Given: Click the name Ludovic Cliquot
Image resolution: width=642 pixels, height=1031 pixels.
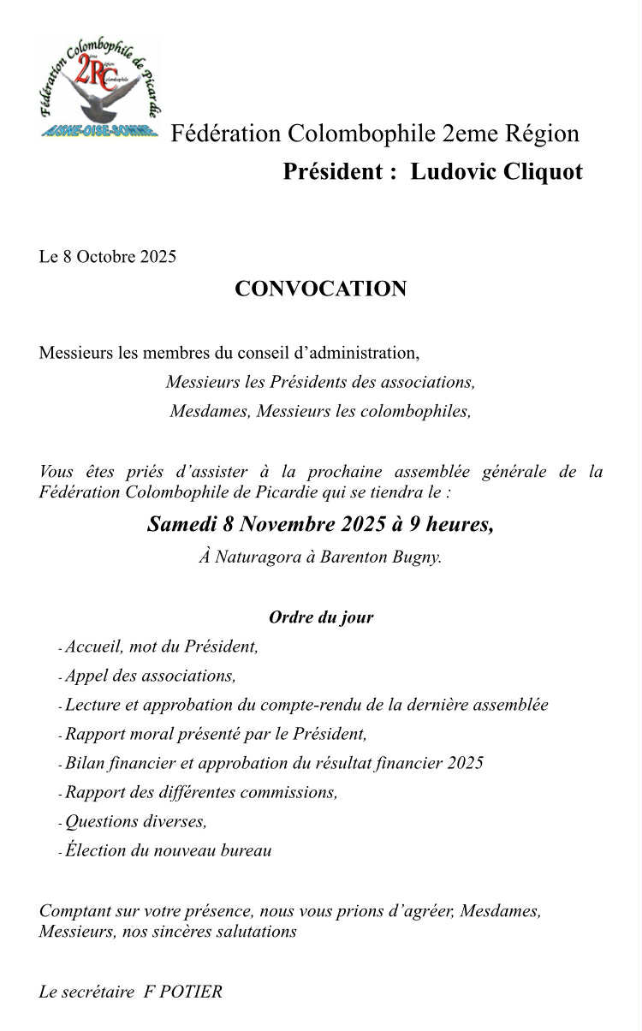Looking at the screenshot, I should coord(496,172).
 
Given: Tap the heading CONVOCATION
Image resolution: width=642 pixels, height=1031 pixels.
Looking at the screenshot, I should coord(320,289).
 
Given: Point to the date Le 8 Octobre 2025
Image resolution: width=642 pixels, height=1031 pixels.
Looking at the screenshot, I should coord(108,257).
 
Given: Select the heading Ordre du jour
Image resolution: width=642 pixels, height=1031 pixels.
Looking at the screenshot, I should coord(321,617).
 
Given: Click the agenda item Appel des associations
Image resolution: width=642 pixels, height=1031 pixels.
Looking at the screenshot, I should coord(150,676).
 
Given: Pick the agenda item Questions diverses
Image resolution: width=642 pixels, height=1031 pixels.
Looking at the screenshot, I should coord(136,821).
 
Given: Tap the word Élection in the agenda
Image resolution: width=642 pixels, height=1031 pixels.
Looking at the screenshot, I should coord(96,850).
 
